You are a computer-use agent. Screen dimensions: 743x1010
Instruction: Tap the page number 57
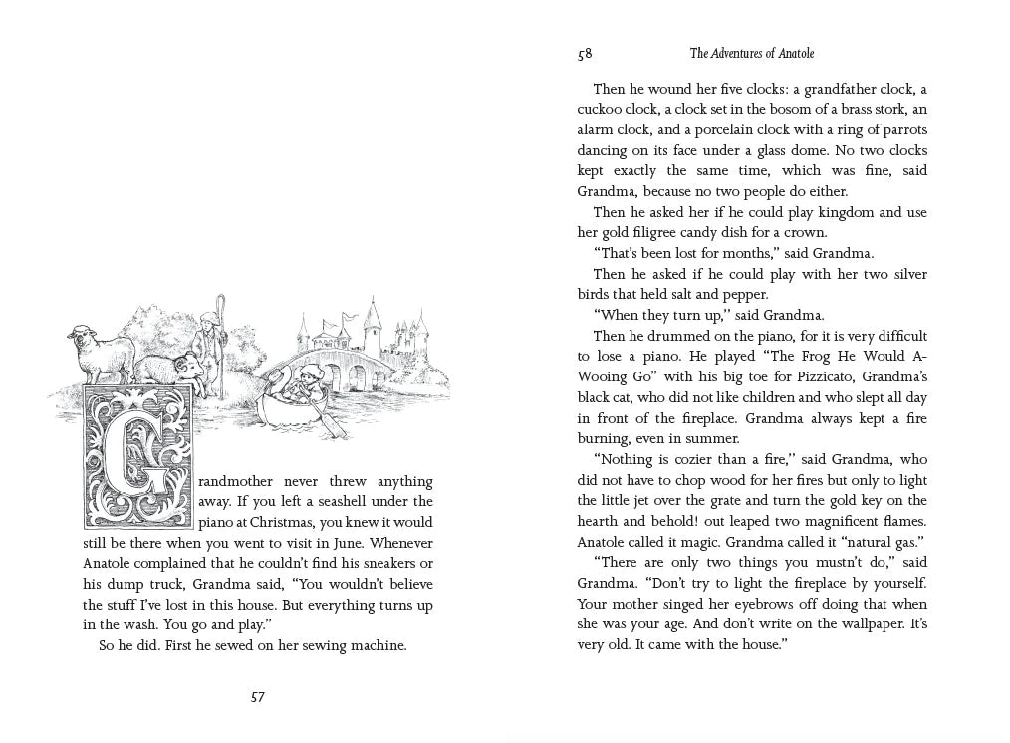click(257, 697)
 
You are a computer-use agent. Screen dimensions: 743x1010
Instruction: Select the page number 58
click(585, 54)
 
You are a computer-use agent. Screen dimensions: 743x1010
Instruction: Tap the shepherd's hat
click(206, 318)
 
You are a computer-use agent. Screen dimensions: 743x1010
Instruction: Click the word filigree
click(653, 232)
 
